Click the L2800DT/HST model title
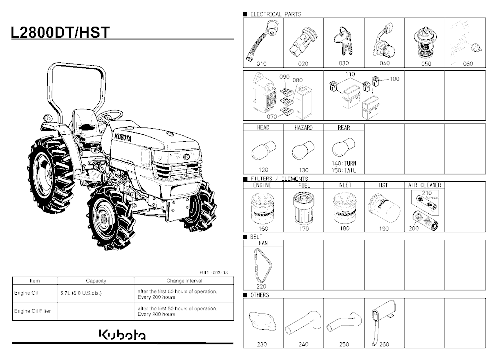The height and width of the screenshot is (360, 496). click(61, 32)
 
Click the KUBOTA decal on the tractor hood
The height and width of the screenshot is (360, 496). click(123, 137)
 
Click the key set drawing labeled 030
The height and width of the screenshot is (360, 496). click(344, 41)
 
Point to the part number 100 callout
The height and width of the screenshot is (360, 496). click(394, 79)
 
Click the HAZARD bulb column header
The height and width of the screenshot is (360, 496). click(304, 128)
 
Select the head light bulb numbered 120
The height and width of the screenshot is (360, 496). click(264, 150)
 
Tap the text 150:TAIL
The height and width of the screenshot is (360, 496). click(344, 170)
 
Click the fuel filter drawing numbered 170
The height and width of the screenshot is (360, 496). click(303, 208)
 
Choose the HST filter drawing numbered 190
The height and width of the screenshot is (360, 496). click(384, 209)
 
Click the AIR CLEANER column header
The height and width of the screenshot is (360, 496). click(425, 185)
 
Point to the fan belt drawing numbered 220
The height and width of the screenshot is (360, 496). click(263, 265)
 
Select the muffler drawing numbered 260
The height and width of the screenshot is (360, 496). click(383, 322)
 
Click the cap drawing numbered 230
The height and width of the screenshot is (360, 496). click(263, 321)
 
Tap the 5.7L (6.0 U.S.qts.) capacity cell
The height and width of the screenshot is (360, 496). click(81, 293)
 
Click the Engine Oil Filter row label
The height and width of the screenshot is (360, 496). click(32, 311)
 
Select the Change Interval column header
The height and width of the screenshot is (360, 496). click(184, 281)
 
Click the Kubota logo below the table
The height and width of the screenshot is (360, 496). click(123, 335)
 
